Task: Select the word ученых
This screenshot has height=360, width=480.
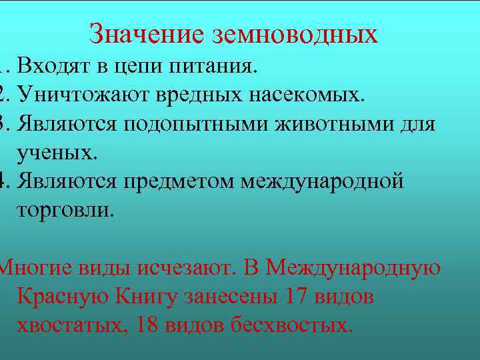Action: tap(57, 153)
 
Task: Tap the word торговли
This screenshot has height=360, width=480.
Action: tap(65, 209)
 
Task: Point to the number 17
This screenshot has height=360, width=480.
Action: tap(297, 296)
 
